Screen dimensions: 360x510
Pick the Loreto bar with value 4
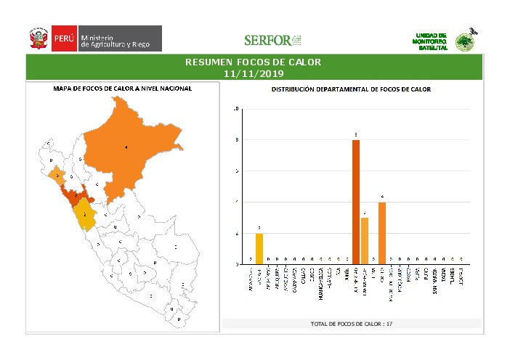382,233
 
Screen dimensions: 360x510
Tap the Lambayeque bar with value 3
365,240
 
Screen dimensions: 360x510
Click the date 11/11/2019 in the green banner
254,73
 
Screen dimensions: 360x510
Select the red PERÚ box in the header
62,38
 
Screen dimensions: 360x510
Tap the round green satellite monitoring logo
464,41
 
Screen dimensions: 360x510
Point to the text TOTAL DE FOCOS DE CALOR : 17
351,323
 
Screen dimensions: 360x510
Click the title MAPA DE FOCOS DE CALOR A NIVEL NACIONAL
123,89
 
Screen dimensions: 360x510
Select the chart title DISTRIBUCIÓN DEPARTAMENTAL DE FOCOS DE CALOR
351,89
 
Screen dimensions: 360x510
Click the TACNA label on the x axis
443,279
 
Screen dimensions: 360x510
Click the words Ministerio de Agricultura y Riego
116,41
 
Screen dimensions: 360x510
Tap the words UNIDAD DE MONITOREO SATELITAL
432,41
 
